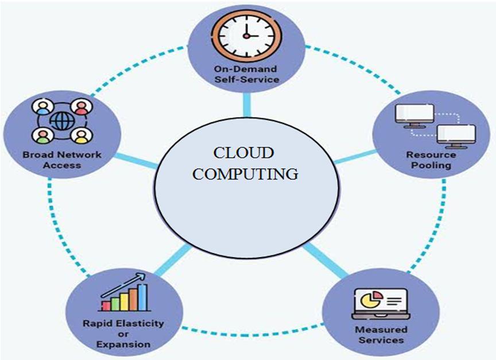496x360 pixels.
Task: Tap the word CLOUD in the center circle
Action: [244, 153]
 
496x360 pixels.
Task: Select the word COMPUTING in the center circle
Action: [245, 173]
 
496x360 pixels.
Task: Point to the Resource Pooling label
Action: [431, 160]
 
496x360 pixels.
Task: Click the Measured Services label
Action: [381, 334]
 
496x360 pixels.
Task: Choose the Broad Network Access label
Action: [62, 160]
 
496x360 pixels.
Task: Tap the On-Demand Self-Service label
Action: [247, 75]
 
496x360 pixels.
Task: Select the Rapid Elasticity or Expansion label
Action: [123, 335]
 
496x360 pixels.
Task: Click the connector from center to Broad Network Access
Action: [138, 160]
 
